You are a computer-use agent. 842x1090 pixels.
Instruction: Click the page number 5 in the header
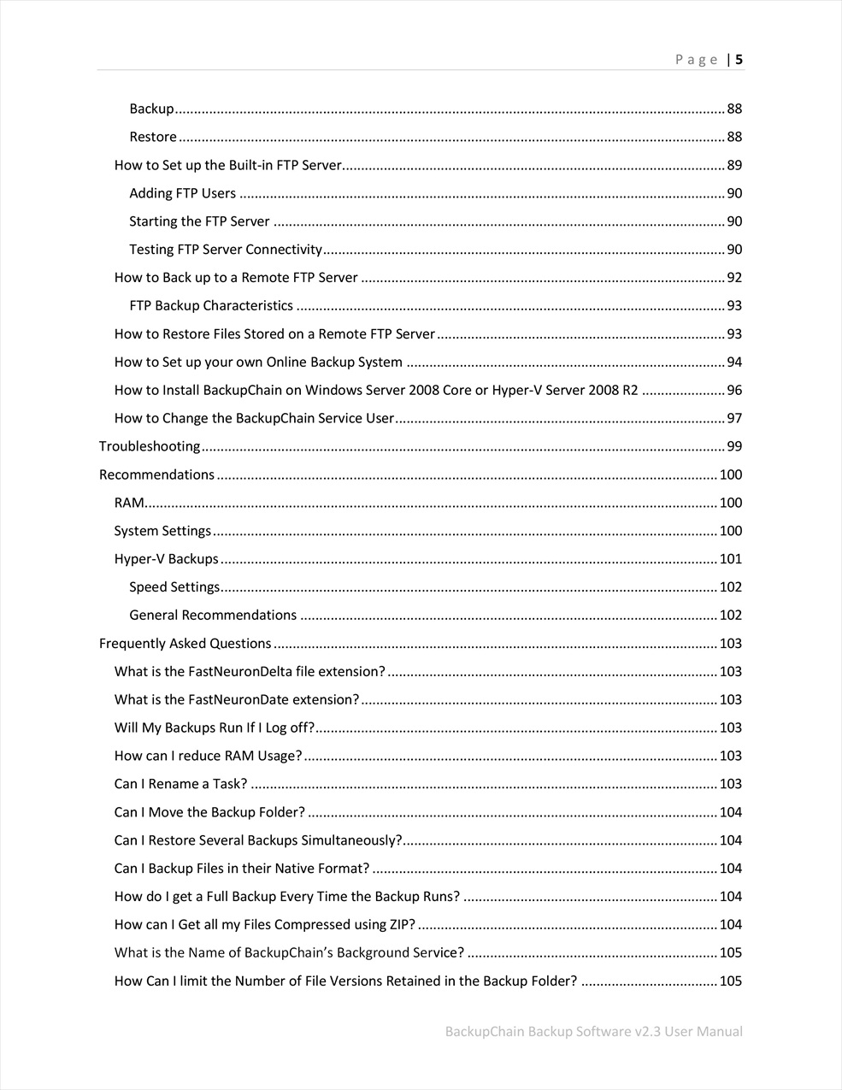pyautogui.click(x=739, y=60)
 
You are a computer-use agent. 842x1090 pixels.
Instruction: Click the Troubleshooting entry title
pyautogui.click(x=150, y=446)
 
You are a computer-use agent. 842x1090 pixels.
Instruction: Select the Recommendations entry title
pyautogui.click(x=156, y=474)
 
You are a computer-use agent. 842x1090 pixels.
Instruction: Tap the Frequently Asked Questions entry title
pyautogui.click(x=185, y=643)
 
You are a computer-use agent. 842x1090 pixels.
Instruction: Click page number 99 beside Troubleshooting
pyautogui.click(x=734, y=446)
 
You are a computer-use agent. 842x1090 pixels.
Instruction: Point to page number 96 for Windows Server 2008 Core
pyautogui.click(x=734, y=390)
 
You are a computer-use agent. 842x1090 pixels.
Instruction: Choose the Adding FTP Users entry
pyautogui.click(x=182, y=193)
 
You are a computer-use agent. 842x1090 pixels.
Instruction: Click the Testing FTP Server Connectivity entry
pyautogui.click(x=226, y=250)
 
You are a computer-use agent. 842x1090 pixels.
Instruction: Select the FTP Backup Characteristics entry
pyautogui.click(x=211, y=306)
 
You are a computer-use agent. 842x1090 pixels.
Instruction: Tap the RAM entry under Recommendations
pyautogui.click(x=129, y=503)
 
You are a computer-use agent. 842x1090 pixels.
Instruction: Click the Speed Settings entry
pyautogui.click(x=174, y=587)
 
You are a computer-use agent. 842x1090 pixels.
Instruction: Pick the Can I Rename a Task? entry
pyautogui.click(x=180, y=784)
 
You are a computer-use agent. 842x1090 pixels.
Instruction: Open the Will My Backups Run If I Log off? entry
pyautogui.click(x=215, y=728)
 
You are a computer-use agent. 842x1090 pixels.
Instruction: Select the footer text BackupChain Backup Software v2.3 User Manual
pyautogui.click(x=593, y=1031)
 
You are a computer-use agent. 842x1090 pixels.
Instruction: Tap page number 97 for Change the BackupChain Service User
pyautogui.click(x=734, y=418)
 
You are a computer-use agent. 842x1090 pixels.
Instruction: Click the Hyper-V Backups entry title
pyautogui.click(x=166, y=559)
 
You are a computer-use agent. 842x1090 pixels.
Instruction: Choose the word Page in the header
pyautogui.click(x=696, y=60)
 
